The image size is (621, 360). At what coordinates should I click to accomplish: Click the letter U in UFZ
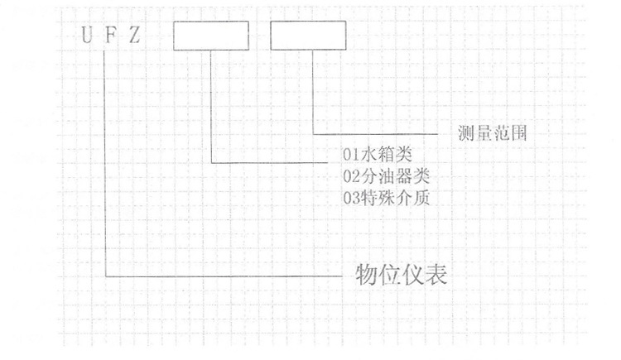87,35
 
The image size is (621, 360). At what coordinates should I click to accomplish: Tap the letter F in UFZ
110,35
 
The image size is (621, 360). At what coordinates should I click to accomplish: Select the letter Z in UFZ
134,35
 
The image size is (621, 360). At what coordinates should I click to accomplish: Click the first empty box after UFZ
211,36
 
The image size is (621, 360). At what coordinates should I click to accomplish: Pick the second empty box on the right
308,36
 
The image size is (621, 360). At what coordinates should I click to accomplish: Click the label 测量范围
493,133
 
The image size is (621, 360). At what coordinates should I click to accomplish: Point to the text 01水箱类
378,154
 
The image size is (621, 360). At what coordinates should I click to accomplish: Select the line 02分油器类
386,175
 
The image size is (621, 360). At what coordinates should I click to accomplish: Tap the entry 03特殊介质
386,198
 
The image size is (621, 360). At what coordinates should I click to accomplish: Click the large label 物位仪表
402,275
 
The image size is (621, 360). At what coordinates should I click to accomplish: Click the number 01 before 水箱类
351,155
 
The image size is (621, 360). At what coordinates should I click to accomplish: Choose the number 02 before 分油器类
351,176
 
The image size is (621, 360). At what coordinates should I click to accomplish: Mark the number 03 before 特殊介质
351,198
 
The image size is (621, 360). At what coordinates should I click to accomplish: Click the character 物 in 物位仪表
366,275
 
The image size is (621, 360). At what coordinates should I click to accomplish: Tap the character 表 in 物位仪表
436,275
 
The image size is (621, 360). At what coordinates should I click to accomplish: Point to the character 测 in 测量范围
466,133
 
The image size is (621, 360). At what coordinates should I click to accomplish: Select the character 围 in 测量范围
519,133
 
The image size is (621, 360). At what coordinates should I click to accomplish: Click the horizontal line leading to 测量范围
375,134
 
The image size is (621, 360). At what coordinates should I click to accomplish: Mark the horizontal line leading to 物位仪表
224,276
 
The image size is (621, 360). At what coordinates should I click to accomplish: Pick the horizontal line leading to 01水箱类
269,162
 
